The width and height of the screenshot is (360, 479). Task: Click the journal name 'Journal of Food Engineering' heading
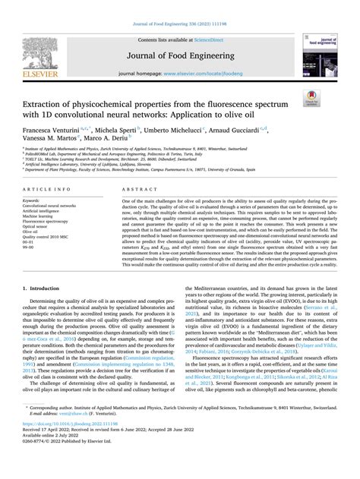[179, 55]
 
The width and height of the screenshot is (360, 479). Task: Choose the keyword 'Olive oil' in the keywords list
[31, 231]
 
